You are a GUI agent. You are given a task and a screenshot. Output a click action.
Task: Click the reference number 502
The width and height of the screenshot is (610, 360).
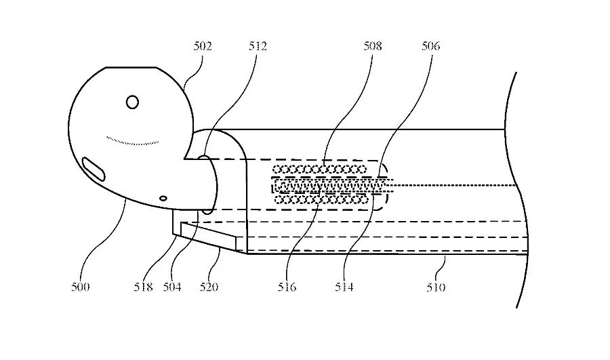[x=203, y=46]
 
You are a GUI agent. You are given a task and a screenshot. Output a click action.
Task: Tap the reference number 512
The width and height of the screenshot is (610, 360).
[x=258, y=46]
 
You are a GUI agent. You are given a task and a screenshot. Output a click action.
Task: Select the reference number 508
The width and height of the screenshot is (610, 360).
[x=372, y=46]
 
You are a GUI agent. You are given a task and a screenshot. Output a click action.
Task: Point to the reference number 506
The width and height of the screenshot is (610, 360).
[x=430, y=46]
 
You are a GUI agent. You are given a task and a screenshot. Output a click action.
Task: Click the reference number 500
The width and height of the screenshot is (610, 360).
[x=80, y=287]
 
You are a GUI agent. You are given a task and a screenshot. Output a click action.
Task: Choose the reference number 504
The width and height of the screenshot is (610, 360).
[x=172, y=287]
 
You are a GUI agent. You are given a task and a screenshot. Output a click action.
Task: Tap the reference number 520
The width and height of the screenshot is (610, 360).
[x=209, y=287]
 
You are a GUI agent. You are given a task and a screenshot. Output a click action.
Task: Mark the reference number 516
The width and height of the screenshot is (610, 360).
[x=287, y=287]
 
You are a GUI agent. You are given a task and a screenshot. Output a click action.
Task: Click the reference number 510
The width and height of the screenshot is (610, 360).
[x=436, y=287]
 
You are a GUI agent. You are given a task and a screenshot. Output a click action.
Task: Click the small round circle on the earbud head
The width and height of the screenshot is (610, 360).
[x=132, y=102]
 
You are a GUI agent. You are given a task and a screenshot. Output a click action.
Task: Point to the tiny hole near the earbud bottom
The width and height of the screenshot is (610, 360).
[x=163, y=198]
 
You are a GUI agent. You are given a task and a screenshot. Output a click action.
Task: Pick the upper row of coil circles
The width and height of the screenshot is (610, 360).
[x=319, y=169]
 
